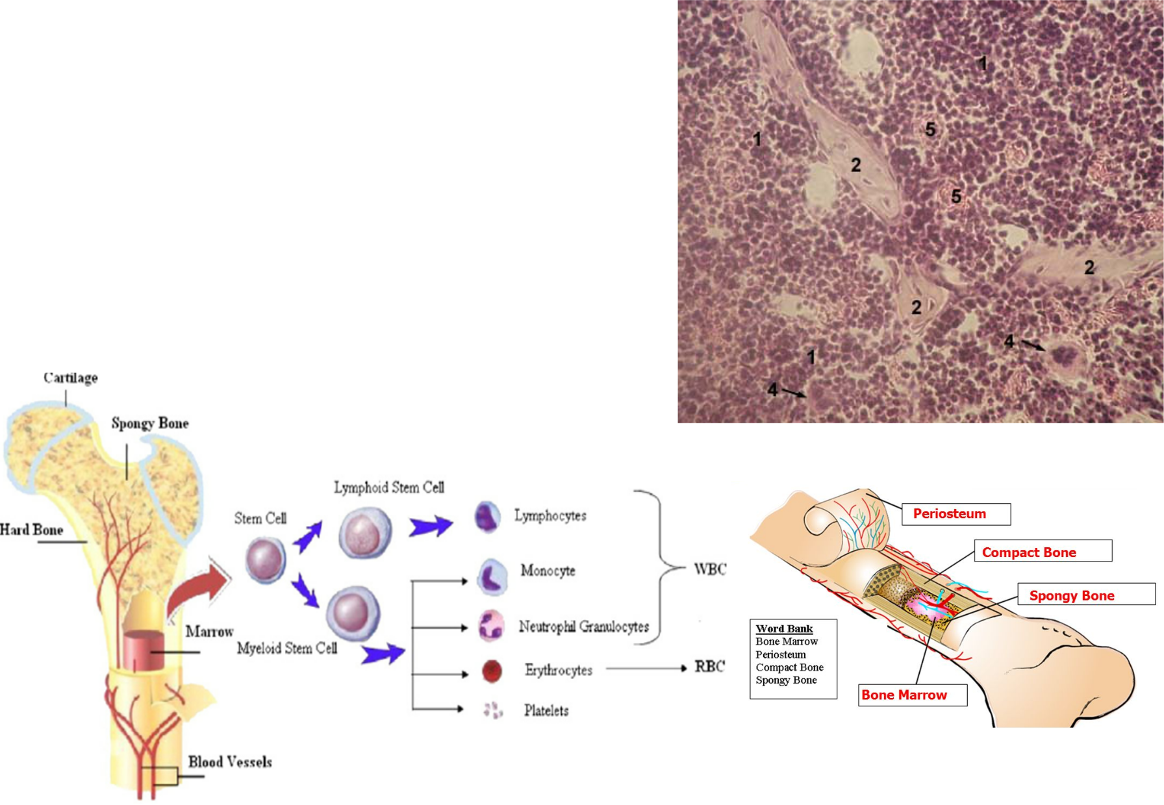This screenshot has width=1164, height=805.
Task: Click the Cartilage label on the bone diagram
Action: pyautogui.click(x=71, y=378)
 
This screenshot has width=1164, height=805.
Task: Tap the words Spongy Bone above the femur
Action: pyautogui.click(x=150, y=423)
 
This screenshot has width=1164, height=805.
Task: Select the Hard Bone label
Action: pyautogui.click(x=32, y=530)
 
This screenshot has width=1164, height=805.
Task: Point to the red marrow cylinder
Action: pyautogui.click(x=144, y=649)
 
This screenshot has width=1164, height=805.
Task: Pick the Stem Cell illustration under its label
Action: pyautogui.click(x=266, y=560)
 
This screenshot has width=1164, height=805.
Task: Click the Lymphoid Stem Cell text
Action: pyautogui.click(x=389, y=488)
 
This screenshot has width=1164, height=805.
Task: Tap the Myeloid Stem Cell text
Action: pyautogui.click(x=287, y=649)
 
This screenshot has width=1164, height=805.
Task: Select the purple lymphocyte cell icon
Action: pyautogui.click(x=487, y=517)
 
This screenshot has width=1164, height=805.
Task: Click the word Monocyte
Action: pyautogui.click(x=548, y=571)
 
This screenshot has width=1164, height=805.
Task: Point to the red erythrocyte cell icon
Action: pyautogui.click(x=492, y=671)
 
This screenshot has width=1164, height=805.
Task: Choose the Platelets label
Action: pyautogui.click(x=546, y=711)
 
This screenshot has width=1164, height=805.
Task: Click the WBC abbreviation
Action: pyautogui.click(x=710, y=569)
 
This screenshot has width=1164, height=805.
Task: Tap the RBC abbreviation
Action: pyautogui.click(x=709, y=667)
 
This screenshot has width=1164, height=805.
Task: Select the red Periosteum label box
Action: pyautogui.click(x=955, y=514)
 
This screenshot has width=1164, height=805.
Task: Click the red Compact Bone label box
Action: pyautogui.click(x=1043, y=552)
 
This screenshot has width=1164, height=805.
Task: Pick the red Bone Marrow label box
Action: pyautogui.click(x=912, y=695)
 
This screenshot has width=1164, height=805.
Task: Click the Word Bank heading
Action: pyautogui.click(x=784, y=628)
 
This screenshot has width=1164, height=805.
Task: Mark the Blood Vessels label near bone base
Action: pyautogui.click(x=230, y=762)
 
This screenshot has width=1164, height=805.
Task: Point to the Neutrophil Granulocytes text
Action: pyautogui.click(x=583, y=626)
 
